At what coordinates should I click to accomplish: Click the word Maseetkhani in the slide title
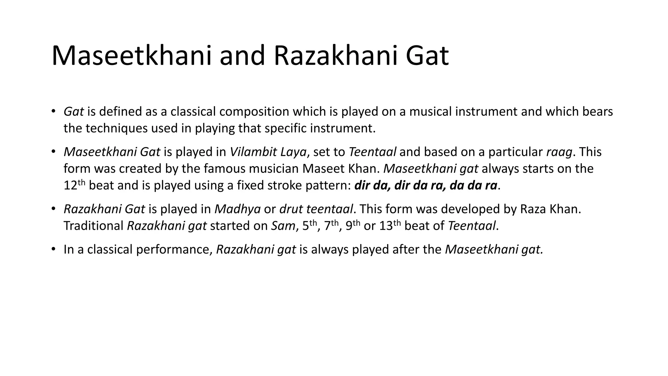(x=131, y=56)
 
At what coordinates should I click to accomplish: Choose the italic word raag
(x=559, y=152)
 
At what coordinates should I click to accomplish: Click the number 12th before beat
(x=74, y=185)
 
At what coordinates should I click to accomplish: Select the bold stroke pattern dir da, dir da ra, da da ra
(x=426, y=185)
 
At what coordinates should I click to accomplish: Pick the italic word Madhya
(x=237, y=209)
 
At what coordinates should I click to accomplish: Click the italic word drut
(x=291, y=209)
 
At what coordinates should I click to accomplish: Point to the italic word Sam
(x=283, y=226)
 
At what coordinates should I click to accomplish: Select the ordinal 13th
(x=390, y=225)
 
